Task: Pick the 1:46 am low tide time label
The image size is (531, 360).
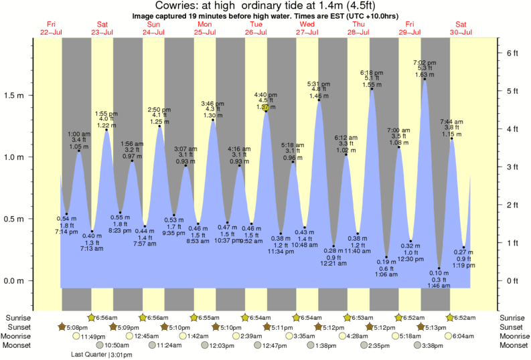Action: (439, 286)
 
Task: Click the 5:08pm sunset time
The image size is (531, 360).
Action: (78, 327)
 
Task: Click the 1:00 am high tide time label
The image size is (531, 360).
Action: (78, 134)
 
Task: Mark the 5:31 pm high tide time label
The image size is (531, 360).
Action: (318, 83)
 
